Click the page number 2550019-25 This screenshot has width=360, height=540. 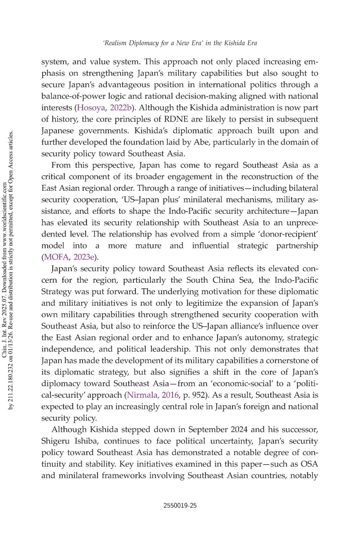click(180, 505)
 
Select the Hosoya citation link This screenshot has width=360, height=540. click(91, 108)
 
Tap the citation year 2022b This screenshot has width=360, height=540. click(121, 108)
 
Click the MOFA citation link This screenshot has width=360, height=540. click(56, 257)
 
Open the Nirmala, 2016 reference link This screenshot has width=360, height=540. click(153, 395)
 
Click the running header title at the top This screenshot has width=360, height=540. click(180, 43)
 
